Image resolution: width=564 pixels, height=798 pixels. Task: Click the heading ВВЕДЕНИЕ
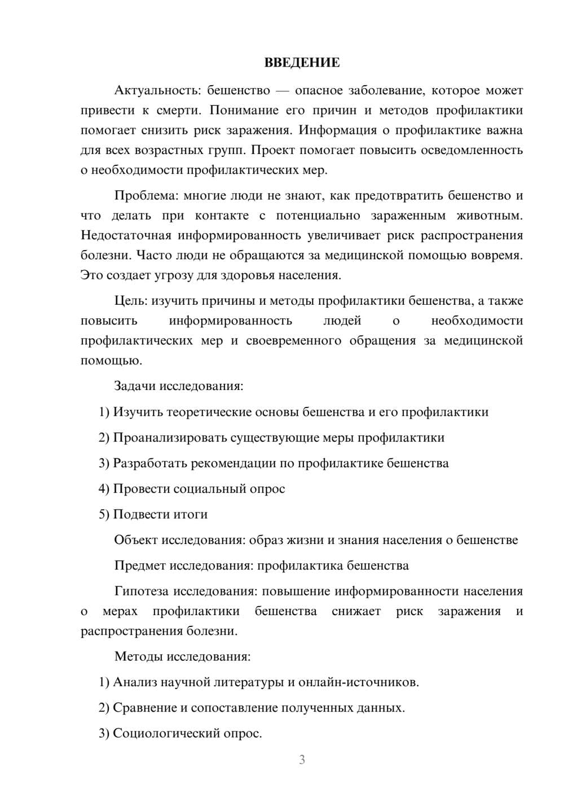[x=302, y=63]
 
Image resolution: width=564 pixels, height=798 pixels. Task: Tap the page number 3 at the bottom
[x=302, y=760]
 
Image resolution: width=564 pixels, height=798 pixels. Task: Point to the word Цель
[x=130, y=301]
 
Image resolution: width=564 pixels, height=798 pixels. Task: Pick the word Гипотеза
[x=141, y=591]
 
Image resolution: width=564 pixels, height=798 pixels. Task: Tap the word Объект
[x=136, y=540]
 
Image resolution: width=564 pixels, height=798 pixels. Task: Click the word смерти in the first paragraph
[x=178, y=110]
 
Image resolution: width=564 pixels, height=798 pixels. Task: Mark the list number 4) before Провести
[x=104, y=489]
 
